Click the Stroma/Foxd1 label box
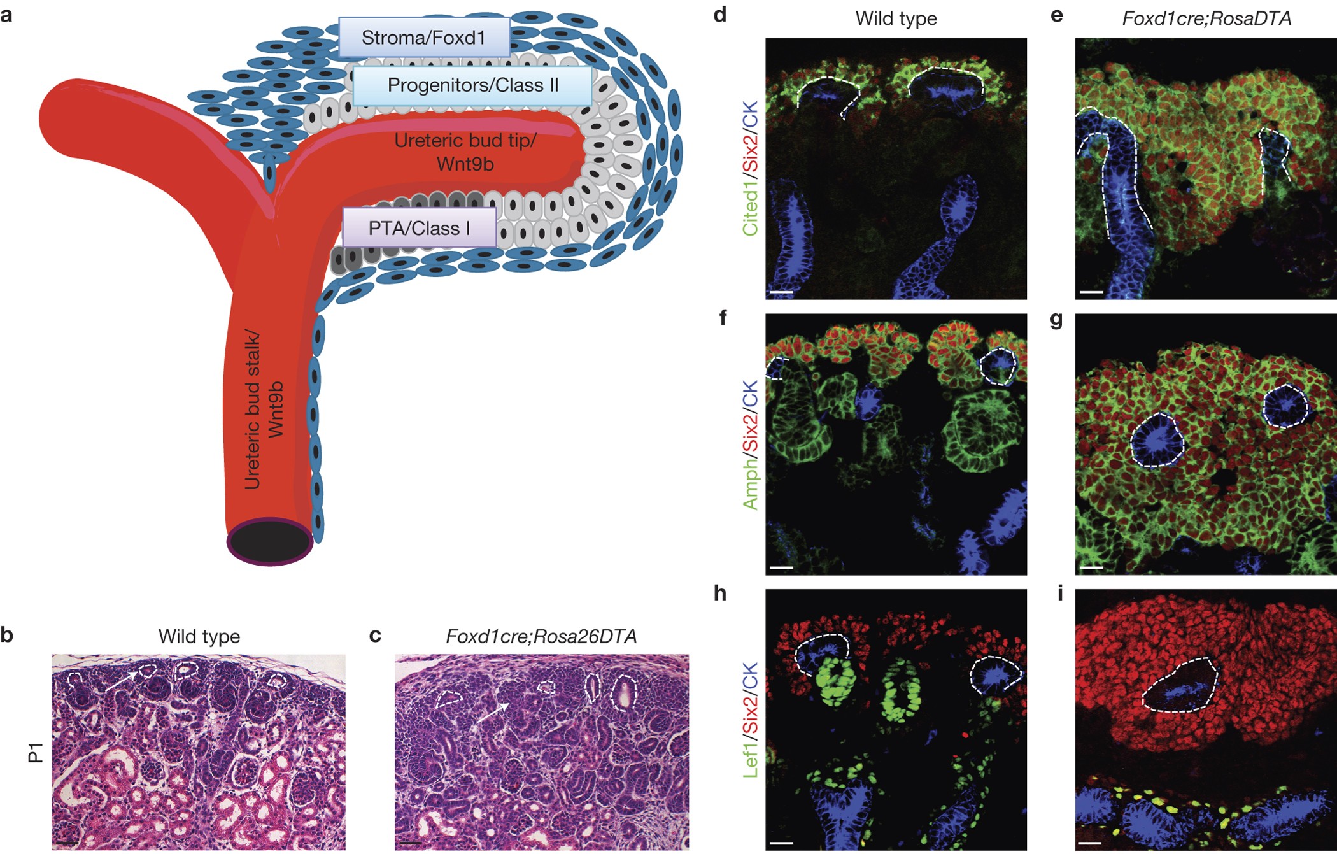point(423,38)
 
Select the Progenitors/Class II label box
point(472,85)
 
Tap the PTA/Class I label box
point(419,228)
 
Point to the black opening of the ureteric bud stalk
point(270,542)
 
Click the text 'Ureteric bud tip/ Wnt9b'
point(465,152)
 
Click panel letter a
point(7,14)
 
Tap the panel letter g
point(1056,318)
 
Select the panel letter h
point(720,593)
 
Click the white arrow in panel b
point(120,680)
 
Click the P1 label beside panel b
point(36,752)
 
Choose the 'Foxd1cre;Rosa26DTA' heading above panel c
point(541,636)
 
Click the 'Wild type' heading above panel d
point(896,18)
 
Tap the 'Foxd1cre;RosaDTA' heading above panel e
point(1206,18)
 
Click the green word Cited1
point(751,205)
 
